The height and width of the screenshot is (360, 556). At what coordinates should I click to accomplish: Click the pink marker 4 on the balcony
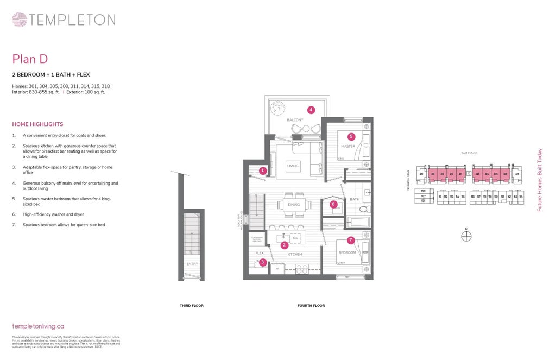[x=311, y=110]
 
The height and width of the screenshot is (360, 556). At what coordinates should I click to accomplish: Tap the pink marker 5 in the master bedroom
[x=351, y=137]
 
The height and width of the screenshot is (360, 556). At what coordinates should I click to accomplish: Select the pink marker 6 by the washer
[x=333, y=204]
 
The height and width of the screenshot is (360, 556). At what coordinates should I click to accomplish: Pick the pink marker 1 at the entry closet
[x=262, y=170]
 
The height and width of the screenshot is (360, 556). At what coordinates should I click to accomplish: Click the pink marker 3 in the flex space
[x=262, y=262]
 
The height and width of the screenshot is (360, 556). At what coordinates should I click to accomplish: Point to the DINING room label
[x=294, y=205]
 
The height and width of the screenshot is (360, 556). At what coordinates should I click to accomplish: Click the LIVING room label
[x=293, y=166]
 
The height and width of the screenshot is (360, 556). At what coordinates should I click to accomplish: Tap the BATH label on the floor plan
[x=355, y=200]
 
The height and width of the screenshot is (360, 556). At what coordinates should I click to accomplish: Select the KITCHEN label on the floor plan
[x=294, y=254]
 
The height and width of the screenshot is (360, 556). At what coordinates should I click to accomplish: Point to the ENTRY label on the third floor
[x=192, y=264]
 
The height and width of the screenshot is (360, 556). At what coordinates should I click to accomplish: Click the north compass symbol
[x=466, y=236]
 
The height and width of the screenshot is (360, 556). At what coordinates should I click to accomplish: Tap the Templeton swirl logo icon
[x=20, y=20]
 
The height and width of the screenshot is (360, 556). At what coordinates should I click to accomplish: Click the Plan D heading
[x=30, y=59]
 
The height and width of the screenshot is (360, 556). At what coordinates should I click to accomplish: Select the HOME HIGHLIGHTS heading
[x=37, y=124]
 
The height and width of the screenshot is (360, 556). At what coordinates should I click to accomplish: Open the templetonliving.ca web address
[x=38, y=326]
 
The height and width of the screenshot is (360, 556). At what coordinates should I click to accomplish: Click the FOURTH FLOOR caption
[x=311, y=306]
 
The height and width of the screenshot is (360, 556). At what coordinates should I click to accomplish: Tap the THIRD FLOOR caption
[x=192, y=306]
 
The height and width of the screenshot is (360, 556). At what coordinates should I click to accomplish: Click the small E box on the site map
[x=468, y=174]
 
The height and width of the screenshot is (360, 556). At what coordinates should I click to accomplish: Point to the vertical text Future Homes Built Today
[x=540, y=181]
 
